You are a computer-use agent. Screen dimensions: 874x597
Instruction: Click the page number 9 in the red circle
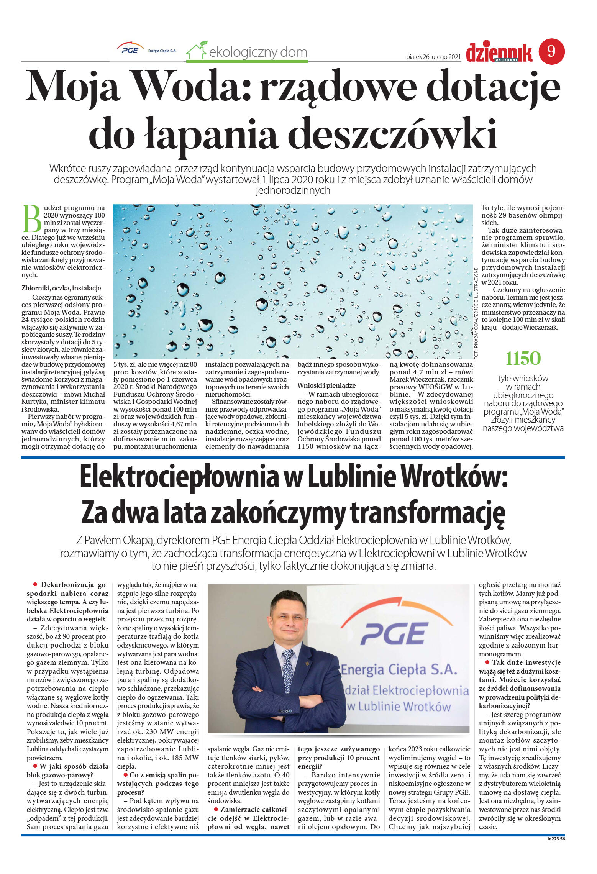(551, 51)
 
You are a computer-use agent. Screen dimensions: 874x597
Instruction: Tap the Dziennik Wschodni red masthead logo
(499, 54)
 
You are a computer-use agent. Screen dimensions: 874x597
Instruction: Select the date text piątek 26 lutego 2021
(433, 57)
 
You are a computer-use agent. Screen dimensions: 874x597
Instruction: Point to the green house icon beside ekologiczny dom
(196, 51)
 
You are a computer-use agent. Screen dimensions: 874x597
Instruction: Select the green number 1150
(523, 359)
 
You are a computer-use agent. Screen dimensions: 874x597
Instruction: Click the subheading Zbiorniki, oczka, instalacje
(61, 288)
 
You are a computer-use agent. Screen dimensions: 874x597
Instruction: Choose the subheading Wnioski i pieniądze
(326, 385)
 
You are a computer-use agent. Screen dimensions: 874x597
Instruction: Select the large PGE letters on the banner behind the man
(393, 633)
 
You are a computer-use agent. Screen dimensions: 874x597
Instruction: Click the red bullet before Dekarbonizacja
(35, 584)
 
